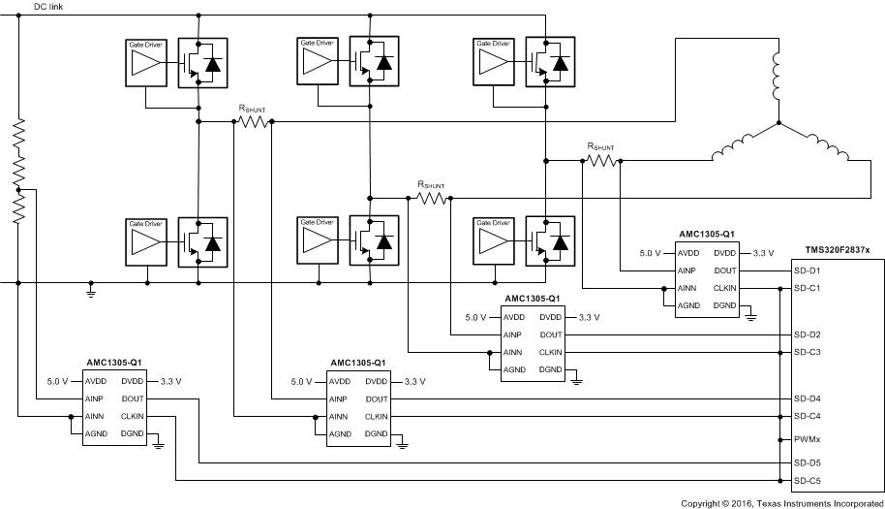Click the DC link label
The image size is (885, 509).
(51, 7)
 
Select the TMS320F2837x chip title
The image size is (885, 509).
(837, 250)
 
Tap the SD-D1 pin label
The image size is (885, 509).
(808, 270)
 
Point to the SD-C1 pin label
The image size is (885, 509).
(808, 288)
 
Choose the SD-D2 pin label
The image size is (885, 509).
(808, 334)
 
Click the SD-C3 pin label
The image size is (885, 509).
(808, 352)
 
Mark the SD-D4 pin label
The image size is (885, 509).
(808, 398)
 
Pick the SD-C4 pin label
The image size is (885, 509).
(808, 416)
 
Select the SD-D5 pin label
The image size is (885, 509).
(808, 462)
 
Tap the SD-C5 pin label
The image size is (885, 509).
(808, 480)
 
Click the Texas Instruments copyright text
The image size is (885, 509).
(781, 502)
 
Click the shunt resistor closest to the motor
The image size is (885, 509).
(600, 160)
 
